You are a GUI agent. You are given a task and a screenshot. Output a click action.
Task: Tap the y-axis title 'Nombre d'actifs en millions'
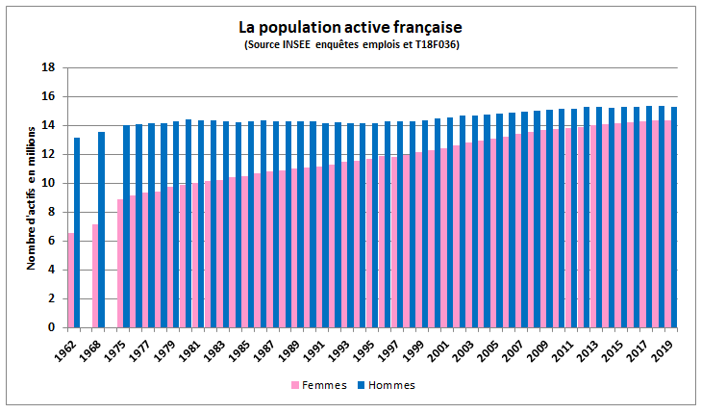tap(31, 197)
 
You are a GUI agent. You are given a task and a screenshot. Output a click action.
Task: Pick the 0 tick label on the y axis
tap(49, 328)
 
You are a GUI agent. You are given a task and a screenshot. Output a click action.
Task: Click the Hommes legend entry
tap(390, 384)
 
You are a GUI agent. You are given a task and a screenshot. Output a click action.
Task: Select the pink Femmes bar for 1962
tap(70, 280)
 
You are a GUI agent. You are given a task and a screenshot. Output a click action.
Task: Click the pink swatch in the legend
tap(294, 385)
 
